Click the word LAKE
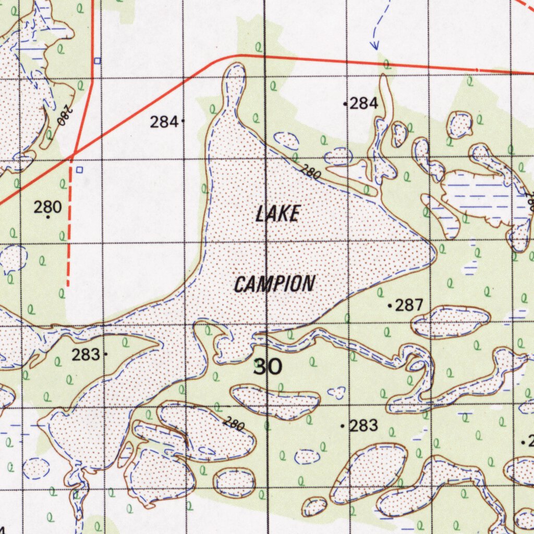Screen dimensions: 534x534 coord(278,214)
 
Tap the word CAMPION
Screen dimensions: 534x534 coord(274,284)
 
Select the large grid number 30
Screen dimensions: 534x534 coord(268,367)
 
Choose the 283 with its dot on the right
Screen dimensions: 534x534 coord(86,355)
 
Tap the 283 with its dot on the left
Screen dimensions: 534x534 coord(363,426)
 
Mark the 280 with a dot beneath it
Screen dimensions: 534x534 coord(47,207)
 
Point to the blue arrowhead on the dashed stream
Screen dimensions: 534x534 coord(374,46)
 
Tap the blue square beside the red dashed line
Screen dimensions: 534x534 coord(79,169)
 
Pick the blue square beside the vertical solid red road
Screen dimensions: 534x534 coord(98,61)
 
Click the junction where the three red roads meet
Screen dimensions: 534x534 coord(74,154)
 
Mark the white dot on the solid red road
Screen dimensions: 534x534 coord(476,69)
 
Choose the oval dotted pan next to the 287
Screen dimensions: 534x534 coord(451,321)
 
